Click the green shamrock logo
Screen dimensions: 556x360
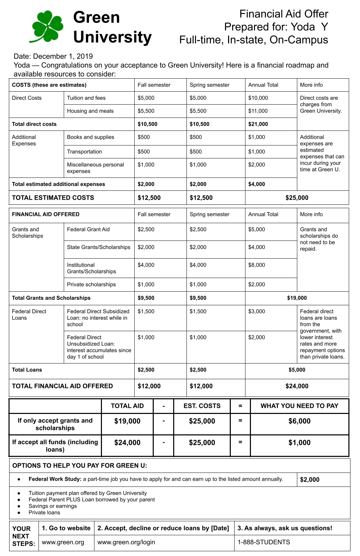pyautogui.click(x=47, y=26)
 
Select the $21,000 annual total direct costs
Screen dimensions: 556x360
pyautogui.click(x=258, y=124)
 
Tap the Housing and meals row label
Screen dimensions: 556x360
pyautogui.click(x=90, y=111)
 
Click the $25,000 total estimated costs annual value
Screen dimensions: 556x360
pyautogui.click(x=297, y=198)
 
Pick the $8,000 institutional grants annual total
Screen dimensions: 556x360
pyautogui.click(x=256, y=265)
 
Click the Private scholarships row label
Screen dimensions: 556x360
pyautogui.click(x=91, y=284)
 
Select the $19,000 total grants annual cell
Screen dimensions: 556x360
pyautogui.click(x=297, y=298)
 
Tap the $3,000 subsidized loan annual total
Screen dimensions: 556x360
pyautogui.click(x=256, y=311)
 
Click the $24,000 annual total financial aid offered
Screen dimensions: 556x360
pyautogui.click(x=297, y=386)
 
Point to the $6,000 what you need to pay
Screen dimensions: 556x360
pyautogui.click(x=299, y=421)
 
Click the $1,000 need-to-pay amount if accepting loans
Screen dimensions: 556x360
pyautogui.click(x=299, y=443)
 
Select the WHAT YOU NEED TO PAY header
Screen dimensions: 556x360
pyautogui.click(x=299, y=406)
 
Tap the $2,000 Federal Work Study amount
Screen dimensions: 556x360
pyautogui.click(x=310, y=480)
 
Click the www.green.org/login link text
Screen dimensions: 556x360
pyautogui.click(x=126, y=542)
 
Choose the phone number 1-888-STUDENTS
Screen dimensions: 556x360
pyautogui.click(x=264, y=542)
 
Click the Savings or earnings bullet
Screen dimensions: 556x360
pyautogui.click(x=52, y=506)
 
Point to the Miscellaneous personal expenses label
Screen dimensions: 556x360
pyautogui.click(x=95, y=168)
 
